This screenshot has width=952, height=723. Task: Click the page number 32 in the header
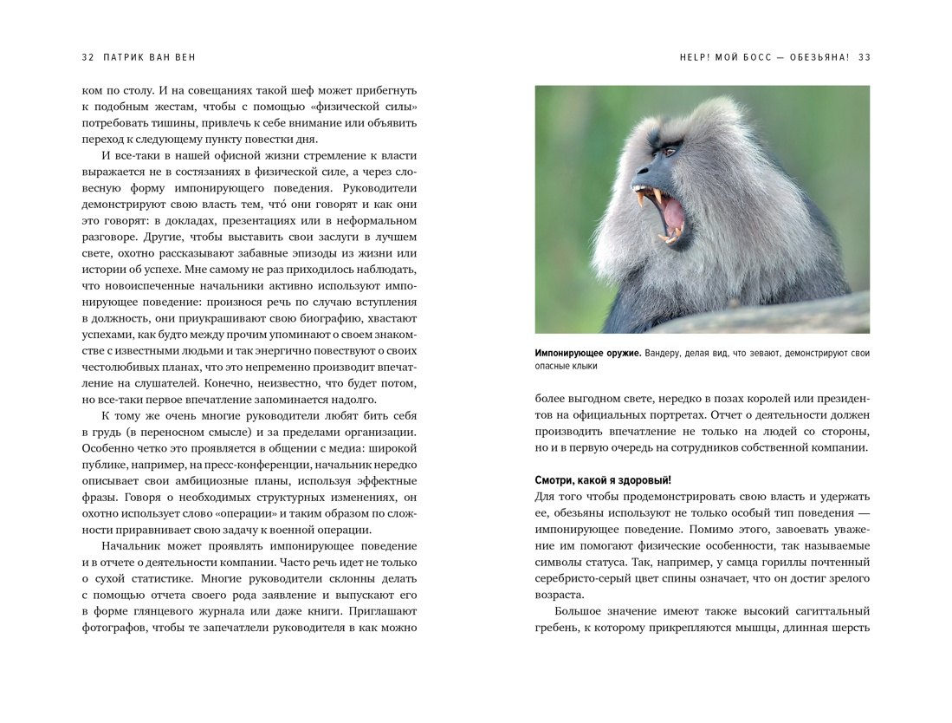[87, 57]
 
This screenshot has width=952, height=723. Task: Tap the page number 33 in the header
[864, 57]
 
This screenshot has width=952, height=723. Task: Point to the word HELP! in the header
[695, 57]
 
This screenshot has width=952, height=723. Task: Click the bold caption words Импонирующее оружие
[588, 353]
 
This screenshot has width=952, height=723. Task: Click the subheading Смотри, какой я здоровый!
[603, 479]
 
